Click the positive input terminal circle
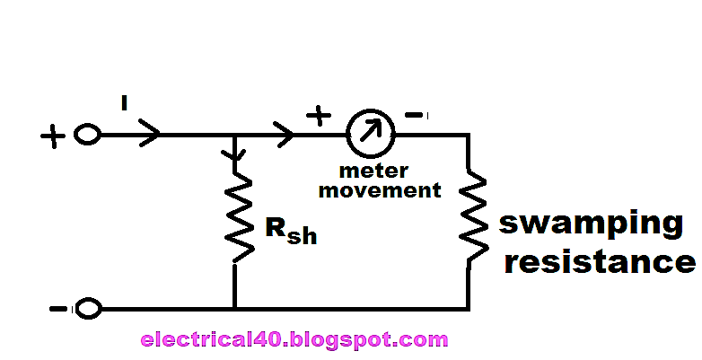[x=87, y=136]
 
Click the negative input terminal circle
[x=87, y=309]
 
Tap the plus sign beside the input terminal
[x=53, y=136]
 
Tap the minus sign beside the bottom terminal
[x=58, y=309]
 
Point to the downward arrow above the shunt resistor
[x=235, y=154]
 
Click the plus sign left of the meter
[x=319, y=116]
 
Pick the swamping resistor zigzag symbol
[x=469, y=220]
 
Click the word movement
[x=379, y=189]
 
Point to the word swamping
[x=590, y=225]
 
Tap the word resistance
[x=598, y=262]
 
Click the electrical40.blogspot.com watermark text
[x=294, y=340]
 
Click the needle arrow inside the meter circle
[x=370, y=132]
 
